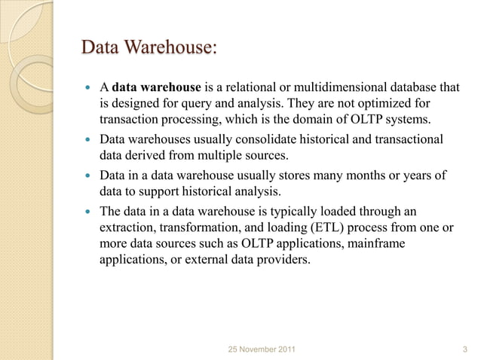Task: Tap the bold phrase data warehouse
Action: [x=156, y=88]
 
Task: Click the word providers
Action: [x=283, y=260]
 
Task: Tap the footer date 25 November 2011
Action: [x=261, y=349]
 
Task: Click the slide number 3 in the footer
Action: [x=464, y=349]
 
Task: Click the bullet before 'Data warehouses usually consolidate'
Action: [x=86, y=141]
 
